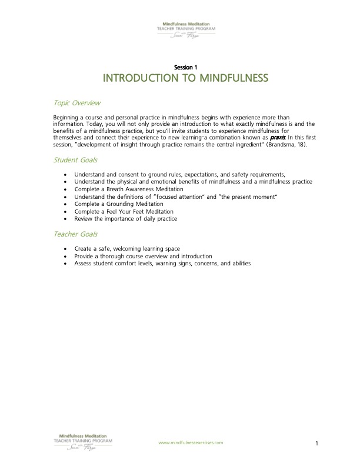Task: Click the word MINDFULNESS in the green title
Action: tap(224, 78)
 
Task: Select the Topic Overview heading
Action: tap(77, 103)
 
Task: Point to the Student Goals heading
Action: tap(75, 160)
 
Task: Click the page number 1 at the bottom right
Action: tap(316, 443)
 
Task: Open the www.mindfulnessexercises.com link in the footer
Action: tap(191, 442)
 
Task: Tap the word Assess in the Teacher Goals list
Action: tap(84, 264)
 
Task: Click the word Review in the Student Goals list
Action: tap(84, 219)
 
